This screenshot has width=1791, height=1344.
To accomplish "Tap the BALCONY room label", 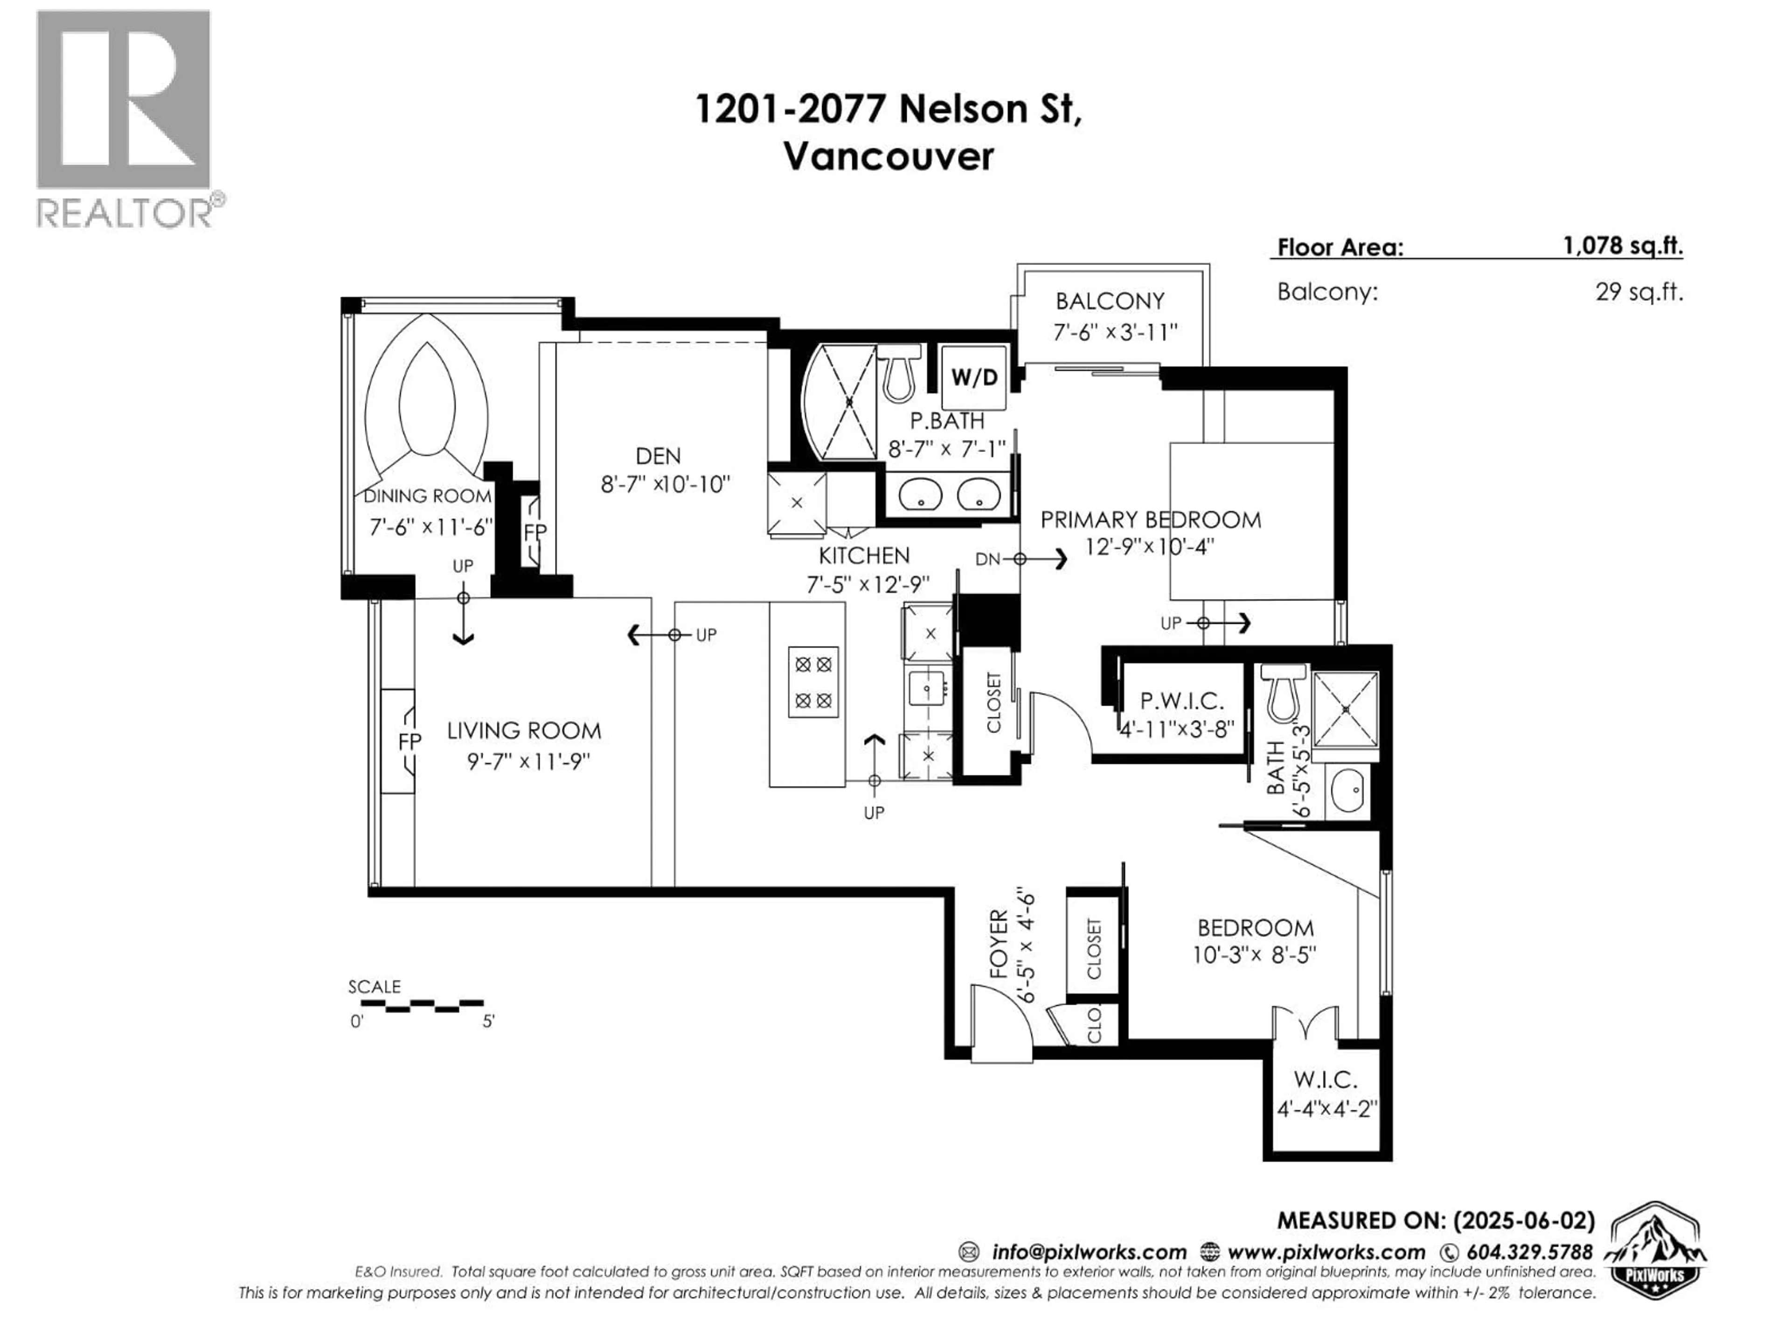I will pyautogui.click(x=1109, y=301).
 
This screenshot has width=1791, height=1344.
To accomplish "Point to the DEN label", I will pyautogui.click(x=658, y=456).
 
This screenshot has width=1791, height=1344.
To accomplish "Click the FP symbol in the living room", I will pyautogui.click(x=410, y=741).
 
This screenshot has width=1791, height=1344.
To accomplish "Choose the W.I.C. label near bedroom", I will pyautogui.click(x=1326, y=1079).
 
